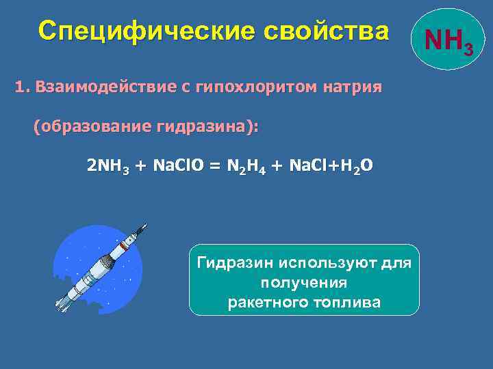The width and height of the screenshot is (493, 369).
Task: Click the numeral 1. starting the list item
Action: coord(23,88)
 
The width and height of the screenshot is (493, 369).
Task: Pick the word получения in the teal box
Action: coord(303,282)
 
